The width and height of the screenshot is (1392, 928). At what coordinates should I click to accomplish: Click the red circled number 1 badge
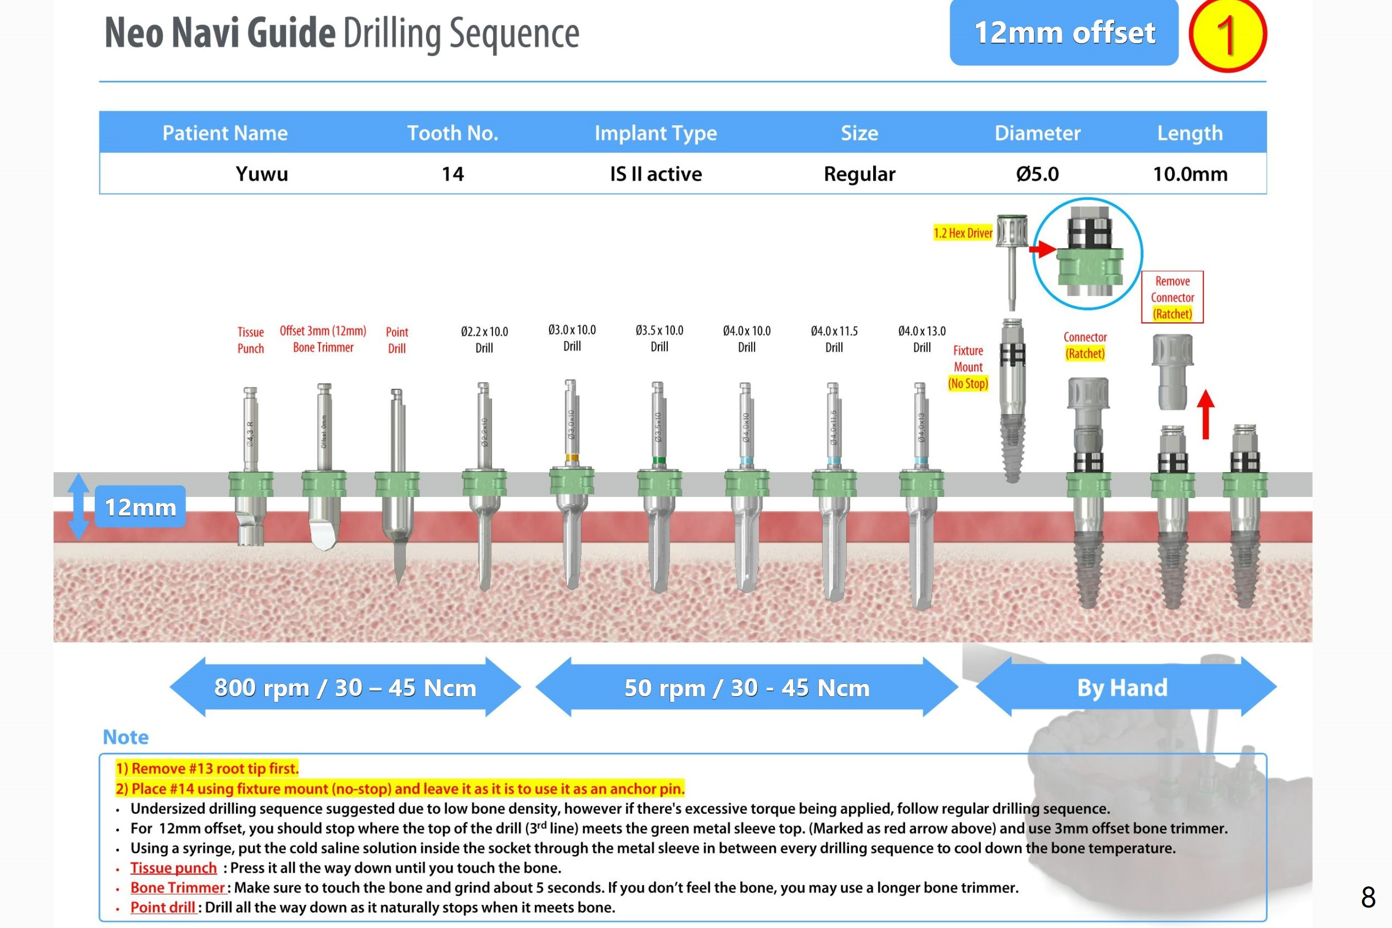(x=1227, y=35)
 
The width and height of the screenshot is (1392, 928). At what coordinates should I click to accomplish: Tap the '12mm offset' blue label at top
(x=1063, y=32)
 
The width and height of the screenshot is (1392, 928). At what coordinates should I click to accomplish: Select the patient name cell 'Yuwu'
(x=262, y=174)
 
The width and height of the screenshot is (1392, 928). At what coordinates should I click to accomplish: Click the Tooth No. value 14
(x=452, y=174)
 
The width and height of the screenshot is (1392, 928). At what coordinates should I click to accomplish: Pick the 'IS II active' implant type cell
(x=655, y=174)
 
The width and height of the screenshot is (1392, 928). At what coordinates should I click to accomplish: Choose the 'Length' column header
(x=1190, y=133)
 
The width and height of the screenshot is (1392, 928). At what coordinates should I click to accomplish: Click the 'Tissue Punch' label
(x=250, y=340)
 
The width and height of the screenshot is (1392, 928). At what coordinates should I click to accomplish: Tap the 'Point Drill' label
(x=397, y=340)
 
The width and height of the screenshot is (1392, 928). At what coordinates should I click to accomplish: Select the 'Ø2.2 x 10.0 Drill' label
(x=484, y=340)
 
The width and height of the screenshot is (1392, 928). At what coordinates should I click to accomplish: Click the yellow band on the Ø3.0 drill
(x=571, y=457)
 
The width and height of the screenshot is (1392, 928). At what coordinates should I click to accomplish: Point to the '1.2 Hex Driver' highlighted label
(x=963, y=233)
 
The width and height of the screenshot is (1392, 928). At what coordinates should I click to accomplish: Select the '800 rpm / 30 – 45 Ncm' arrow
(x=345, y=688)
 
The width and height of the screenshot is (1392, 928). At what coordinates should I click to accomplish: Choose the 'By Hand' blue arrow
(x=1123, y=688)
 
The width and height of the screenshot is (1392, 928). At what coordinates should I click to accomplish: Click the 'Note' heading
(x=126, y=737)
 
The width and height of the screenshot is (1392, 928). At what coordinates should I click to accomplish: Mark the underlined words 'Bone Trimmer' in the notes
(x=178, y=888)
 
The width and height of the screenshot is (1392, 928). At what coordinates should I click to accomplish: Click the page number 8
(x=1368, y=897)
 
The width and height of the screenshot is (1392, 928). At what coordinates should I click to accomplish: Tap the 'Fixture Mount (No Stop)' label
(x=967, y=367)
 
